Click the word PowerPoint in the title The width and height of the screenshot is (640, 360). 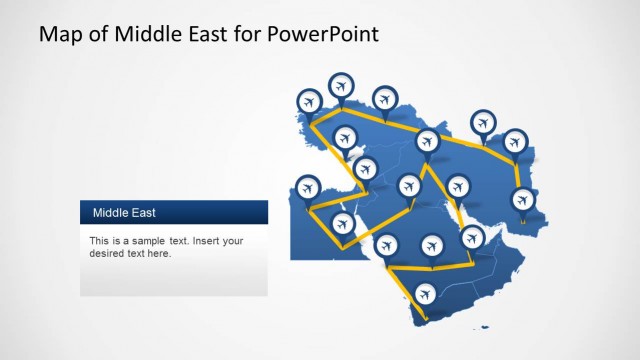[327, 35]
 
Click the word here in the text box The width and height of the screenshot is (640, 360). [160, 254]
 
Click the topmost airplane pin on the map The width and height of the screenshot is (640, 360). [341, 84]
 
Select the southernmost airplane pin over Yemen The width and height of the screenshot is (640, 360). [426, 294]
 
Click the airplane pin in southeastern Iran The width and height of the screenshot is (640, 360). [522, 199]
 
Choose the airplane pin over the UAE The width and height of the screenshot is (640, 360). [471, 237]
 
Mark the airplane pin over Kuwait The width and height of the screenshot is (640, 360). [458, 186]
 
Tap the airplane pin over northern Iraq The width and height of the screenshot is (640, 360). [427, 141]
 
